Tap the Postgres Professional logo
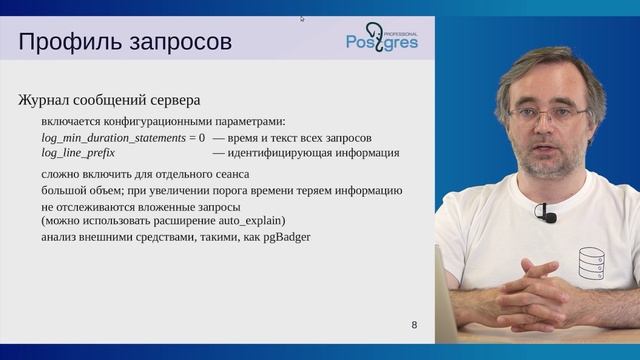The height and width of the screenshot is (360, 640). (x=382, y=37)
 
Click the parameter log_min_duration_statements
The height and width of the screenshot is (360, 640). (x=113, y=137)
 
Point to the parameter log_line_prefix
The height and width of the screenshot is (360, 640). (x=78, y=153)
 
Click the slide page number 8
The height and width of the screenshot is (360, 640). (x=415, y=326)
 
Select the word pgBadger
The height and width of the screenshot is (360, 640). (x=285, y=238)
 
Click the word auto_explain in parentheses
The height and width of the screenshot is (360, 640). (x=248, y=219)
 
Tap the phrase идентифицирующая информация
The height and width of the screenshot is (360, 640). (x=313, y=153)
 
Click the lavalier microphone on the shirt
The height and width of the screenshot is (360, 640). (x=545, y=213)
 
